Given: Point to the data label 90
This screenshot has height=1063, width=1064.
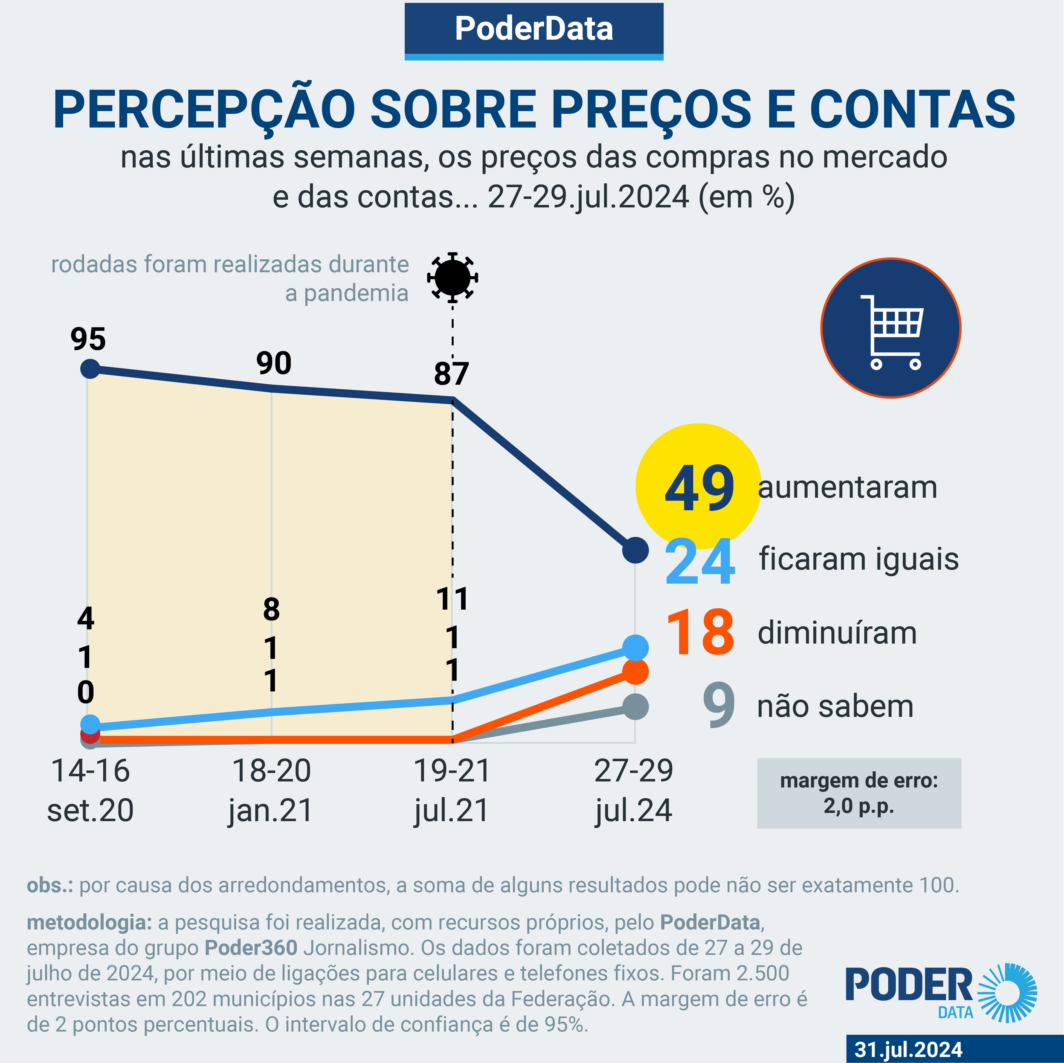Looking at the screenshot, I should (274, 364).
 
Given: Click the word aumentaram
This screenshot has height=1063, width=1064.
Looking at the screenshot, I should (847, 488).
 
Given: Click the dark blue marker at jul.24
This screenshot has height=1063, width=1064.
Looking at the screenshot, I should (635, 550).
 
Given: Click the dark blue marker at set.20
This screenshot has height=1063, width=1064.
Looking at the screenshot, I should (90, 369).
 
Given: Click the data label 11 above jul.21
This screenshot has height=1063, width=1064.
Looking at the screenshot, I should (452, 599).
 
